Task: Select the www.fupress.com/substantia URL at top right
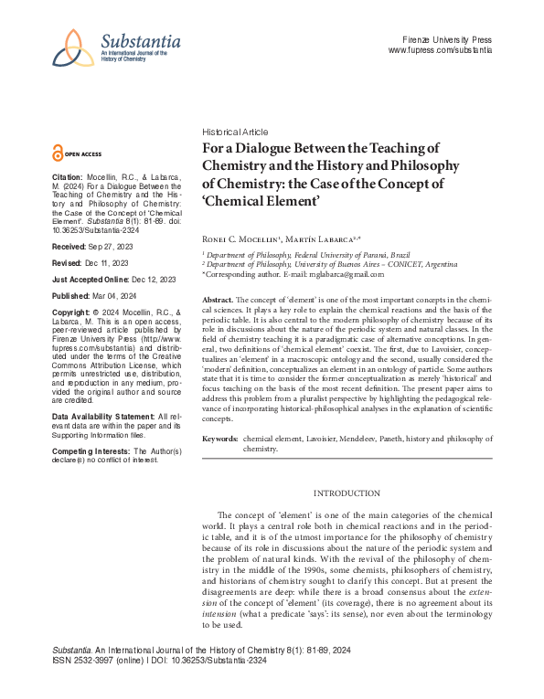tap(441, 51)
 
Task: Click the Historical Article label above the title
tap(236, 132)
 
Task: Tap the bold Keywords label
tap(220, 440)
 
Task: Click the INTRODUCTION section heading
tap(347, 493)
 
